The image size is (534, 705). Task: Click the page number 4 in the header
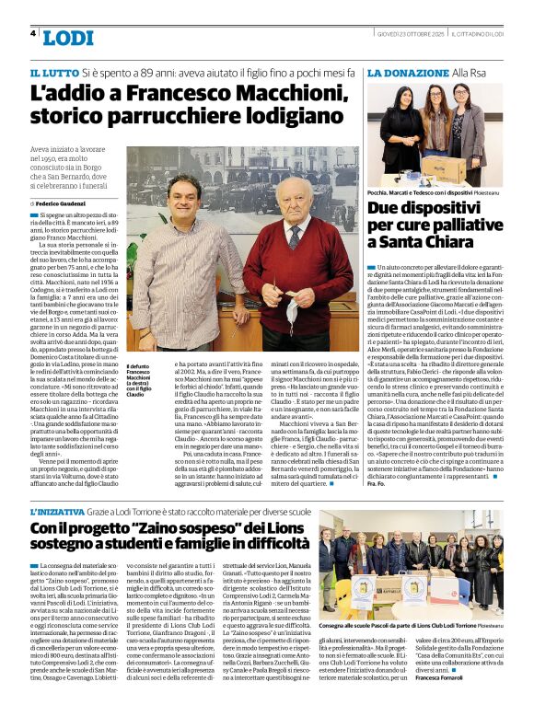33,33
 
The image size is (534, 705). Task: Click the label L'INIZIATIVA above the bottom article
60,512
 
